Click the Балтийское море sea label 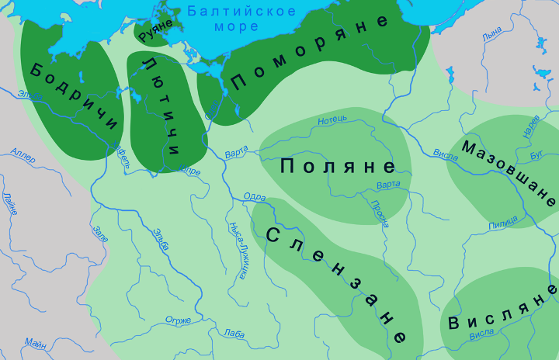242,19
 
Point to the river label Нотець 333,119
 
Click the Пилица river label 503,225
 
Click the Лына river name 491,36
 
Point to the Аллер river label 23,154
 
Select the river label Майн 35,342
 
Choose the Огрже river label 178,319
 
